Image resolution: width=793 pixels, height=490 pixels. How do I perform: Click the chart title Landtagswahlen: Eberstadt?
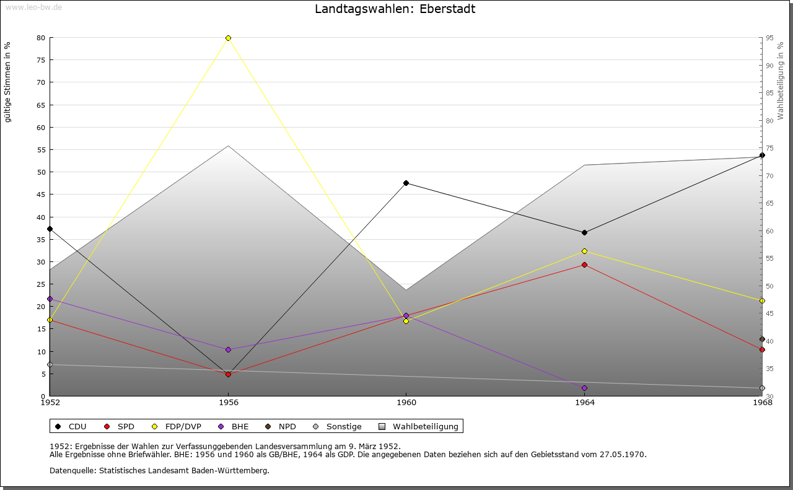click(x=395, y=9)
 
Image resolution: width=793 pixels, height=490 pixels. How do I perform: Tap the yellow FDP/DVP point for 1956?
click(x=229, y=38)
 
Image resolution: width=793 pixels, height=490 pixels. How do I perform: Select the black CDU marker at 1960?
click(x=406, y=183)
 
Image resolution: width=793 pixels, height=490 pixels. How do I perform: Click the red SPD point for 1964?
click(x=584, y=265)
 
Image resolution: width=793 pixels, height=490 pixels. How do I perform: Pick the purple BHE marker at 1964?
click(x=584, y=388)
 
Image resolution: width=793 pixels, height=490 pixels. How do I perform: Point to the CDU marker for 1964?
click(x=584, y=232)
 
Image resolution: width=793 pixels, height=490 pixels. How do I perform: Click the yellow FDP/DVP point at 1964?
click(x=584, y=251)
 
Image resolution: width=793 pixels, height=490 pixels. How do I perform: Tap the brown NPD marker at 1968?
click(x=762, y=339)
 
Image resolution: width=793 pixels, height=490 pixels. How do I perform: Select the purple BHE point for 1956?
click(x=229, y=349)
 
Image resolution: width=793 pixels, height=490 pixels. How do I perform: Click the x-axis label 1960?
click(x=406, y=403)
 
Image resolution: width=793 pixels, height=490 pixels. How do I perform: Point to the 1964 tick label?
click(x=584, y=403)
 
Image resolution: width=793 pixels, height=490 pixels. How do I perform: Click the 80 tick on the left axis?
click(x=41, y=38)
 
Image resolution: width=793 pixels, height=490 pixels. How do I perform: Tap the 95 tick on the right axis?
click(x=769, y=38)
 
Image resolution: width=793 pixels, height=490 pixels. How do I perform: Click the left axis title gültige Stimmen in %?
click(x=8, y=82)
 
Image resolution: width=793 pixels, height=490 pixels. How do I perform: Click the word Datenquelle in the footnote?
click(x=70, y=470)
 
